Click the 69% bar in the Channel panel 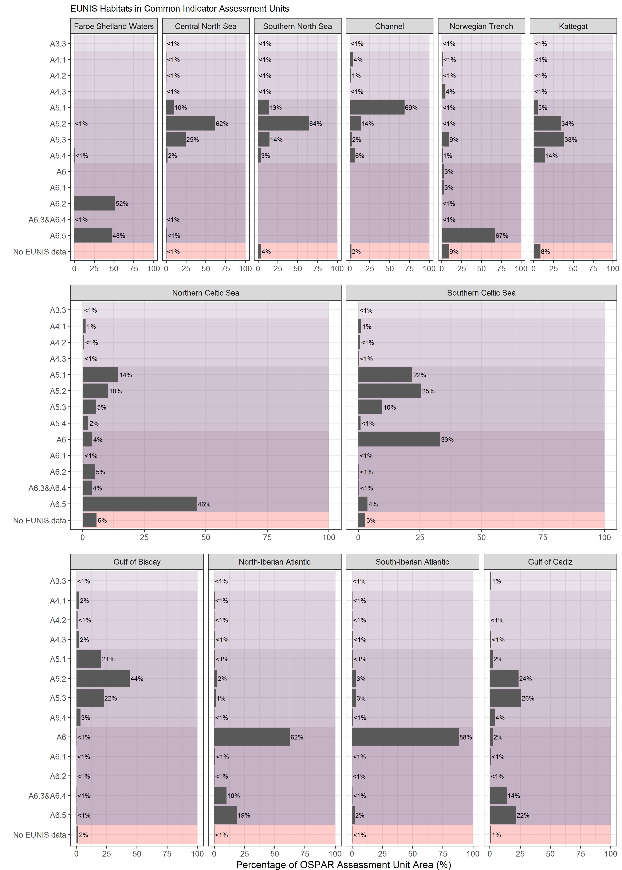click(x=377, y=108)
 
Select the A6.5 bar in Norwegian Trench click(x=468, y=235)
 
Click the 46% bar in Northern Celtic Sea click(x=139, y=504)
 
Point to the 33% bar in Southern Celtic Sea click(x=399, y=439)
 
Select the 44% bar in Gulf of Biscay click(x=103, y=678)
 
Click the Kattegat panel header click(x=573, y=26)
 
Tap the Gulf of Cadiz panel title click(x=550, y=562)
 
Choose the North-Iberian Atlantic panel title click(x=275, y=562)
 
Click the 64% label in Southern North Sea click(x=316, y=124)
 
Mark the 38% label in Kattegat click(x=571, y=140)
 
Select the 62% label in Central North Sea click(x=222, y=124)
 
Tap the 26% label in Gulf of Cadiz click(x=528, y=698)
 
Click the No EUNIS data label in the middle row click(x=39, y=520)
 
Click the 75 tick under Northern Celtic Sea click(x=267, y=537)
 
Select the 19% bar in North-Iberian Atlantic click(x=225, y=815)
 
